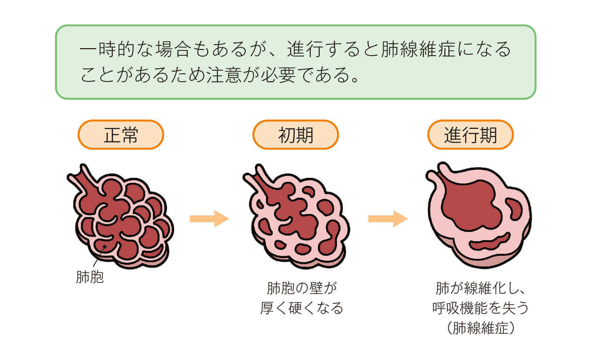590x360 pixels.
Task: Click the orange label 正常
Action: (x=121, y=135)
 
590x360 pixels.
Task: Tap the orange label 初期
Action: (x=295, y=135)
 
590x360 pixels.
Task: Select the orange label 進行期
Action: (x=470, y=135)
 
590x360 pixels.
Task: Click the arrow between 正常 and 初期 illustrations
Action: (x=209, y=219)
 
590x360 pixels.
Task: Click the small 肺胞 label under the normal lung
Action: (x=90, y=277)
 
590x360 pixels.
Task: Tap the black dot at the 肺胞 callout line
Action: (x=105, y=247)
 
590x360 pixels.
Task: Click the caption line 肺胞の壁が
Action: (x=301, y=288)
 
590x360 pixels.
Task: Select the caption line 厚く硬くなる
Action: (x=301, y=308)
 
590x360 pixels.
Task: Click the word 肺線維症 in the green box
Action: (x=418, y=49)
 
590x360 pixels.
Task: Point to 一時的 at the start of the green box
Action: (x=107, y=49)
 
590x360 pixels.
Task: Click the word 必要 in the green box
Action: (x=278, y=75)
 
